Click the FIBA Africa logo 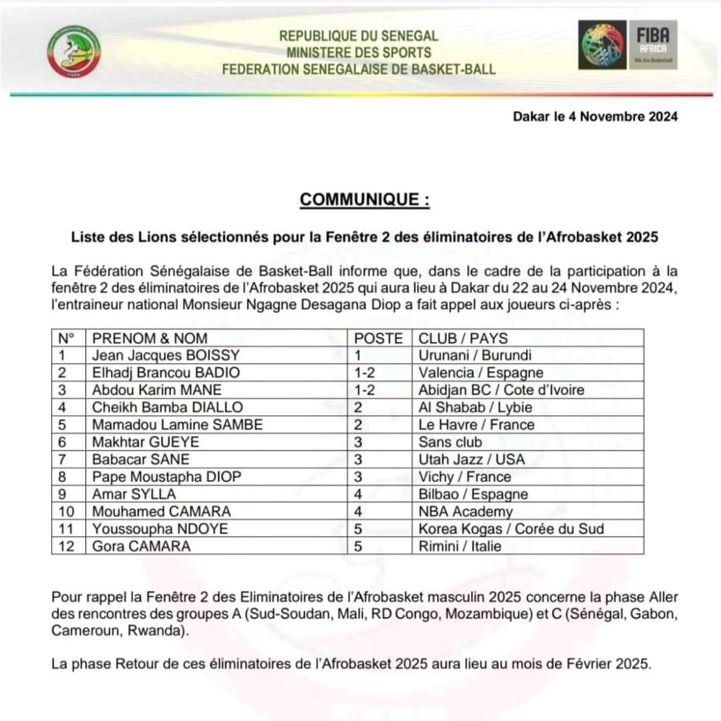[628, 47]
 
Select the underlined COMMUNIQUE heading [365, 200]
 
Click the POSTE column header [378, 339]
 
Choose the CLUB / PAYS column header [463, 339]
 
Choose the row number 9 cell [62, 493]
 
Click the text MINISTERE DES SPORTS [359, 52]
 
